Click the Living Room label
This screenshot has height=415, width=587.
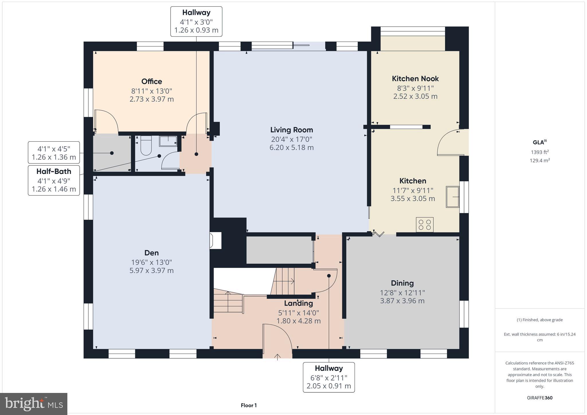click(291, 130)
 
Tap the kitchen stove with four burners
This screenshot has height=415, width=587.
click(424, 225)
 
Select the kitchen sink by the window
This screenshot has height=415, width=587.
click(452, 197)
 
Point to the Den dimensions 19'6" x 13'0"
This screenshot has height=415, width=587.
click(151, 262)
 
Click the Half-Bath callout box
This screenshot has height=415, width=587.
click(54, 180)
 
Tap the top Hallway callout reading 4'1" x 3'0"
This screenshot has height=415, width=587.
click(196, 21)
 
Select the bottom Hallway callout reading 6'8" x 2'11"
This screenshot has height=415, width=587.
click(329, 377)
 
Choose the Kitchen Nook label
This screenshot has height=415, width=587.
click(415, 79)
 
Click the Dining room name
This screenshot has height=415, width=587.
click(402, 283)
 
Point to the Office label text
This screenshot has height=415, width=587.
click(152, 81)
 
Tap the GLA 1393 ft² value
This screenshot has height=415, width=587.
click(540, 152)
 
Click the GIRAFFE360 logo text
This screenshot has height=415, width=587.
click(539, 398)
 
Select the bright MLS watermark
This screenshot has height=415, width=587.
click(34, 404)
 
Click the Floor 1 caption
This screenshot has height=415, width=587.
click(249, 405)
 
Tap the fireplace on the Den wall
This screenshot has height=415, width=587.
click(216, 240)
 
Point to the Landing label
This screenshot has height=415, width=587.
click(298, 303)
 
